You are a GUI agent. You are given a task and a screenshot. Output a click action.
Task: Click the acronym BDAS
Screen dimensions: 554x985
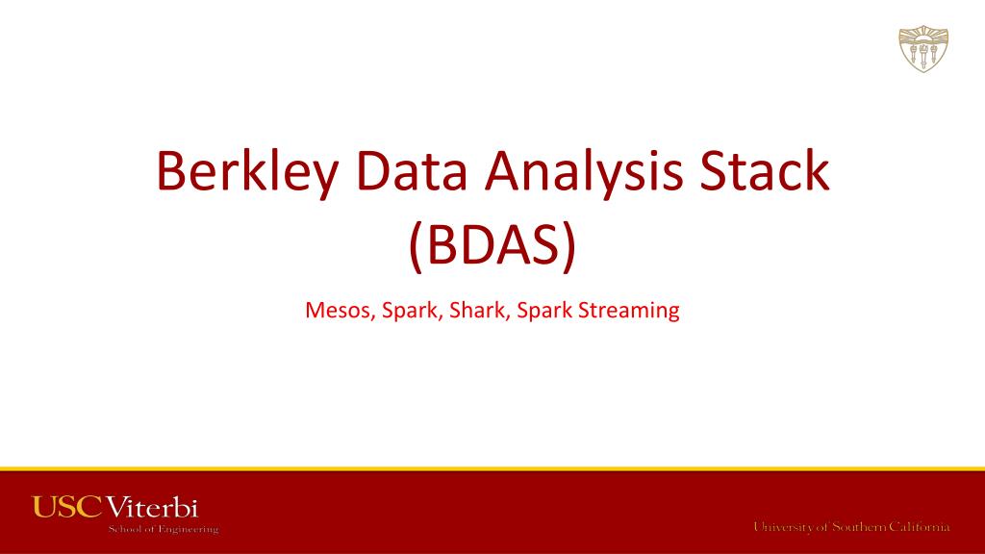tap(492, 246)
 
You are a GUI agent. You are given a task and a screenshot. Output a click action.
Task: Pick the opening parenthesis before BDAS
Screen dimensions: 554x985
tap(416, 247)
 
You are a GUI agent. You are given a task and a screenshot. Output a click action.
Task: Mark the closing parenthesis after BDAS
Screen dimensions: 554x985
tap(570, 247)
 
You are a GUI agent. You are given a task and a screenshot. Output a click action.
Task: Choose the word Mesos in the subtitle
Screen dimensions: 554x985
tap(339, 311)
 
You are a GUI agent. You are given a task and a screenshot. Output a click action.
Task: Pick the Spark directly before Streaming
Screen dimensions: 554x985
tap(543, 312)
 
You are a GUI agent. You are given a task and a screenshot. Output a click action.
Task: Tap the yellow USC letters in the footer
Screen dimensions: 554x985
tap(66, 507)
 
